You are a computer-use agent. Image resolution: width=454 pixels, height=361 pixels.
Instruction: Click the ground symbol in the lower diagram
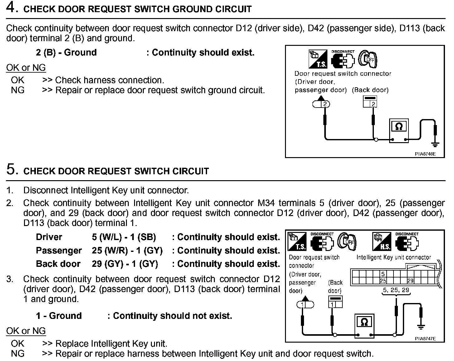pyautogui.click(x=421, y=326)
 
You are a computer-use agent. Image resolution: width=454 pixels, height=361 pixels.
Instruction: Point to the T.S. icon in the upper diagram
pyautogui.click(x=318, y=59)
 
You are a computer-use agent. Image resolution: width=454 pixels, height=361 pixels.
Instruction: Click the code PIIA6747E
pyautogui.click(x=425, y=339)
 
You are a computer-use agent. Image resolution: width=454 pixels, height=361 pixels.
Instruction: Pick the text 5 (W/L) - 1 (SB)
pyautogui.click(x=124, y=237)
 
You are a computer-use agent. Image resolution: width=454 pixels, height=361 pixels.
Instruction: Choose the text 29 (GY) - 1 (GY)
pyautogui.click(x=125, y=264)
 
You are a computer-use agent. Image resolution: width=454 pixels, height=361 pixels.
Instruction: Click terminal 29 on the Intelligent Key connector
pyautogui.click(x=410, y=281)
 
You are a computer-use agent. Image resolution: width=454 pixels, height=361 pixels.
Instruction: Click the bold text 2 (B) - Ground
pyautogui.click(x=66, y=52)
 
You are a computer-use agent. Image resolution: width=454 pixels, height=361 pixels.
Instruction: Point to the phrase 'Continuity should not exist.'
pyautogui.click(x=172, y=316)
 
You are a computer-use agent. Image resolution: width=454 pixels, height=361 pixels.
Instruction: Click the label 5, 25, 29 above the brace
pyautogui.click(x=396, y=290)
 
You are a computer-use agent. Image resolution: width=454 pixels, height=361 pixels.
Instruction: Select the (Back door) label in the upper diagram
pyautogui.click(x=370, y=90)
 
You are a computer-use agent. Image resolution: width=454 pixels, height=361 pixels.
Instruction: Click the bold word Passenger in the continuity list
pyautogui.click(x=59, y=251)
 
